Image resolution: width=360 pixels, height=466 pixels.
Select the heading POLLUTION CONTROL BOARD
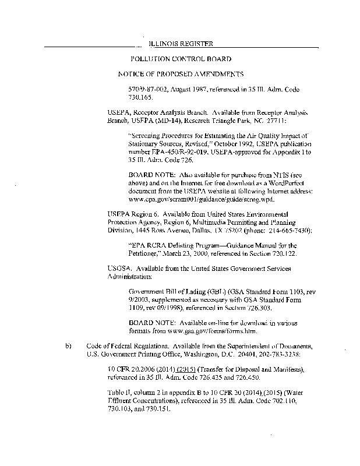pos(181,59)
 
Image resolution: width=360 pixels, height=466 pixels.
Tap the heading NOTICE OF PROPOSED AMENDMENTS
pos(181,74)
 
